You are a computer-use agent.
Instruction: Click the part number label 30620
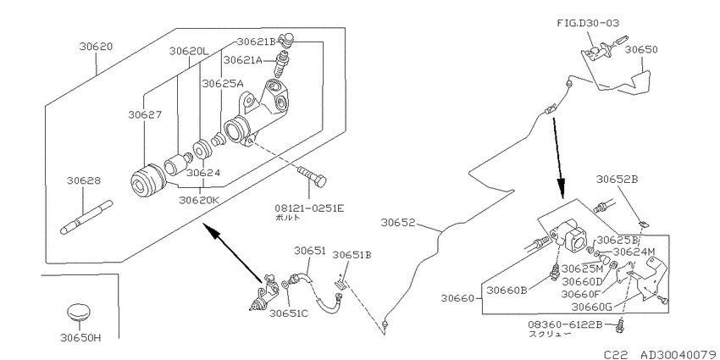pyautogui.click(x=96, y=47)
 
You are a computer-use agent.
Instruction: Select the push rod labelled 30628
pyautogui.click(x=86, y=218)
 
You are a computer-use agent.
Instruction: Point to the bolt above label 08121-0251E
pyautogui.click(x=312, y=176)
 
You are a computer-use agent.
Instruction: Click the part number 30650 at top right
pyautogui.click(x=641, y=50)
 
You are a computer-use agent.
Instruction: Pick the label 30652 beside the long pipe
pyautogui.click(x=397, y=223)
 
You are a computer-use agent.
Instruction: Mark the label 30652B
pyautogui.click(x=618, y=179)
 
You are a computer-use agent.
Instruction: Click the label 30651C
pyautogui.click(x=290, y=313)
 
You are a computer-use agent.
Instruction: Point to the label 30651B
pyautogui.click(x=352, y=254)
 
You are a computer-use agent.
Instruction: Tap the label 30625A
pyautogui.click(x=223, y=83)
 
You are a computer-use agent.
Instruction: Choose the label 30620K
pyautogui.click(x=200, y=200)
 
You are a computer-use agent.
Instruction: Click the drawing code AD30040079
pyautogui.click(x=680, y=354)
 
